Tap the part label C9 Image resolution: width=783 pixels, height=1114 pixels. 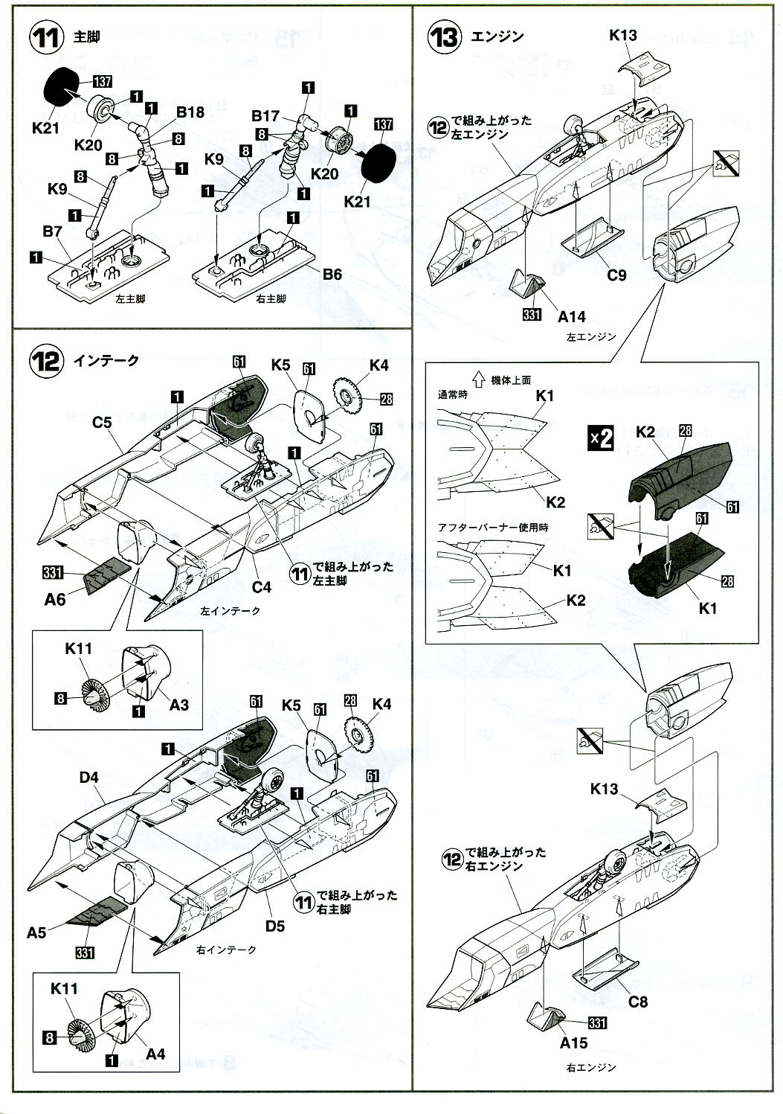616,275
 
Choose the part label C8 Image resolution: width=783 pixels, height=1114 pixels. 637,1002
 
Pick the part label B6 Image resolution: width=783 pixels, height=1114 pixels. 332,274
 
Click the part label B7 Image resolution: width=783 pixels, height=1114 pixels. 51,233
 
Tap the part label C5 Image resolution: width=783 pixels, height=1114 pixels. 102,423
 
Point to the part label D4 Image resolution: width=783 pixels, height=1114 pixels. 88,778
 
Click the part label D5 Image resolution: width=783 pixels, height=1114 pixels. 275,926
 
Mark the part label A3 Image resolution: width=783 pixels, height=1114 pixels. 179,703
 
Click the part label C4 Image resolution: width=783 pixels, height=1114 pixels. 261,586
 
